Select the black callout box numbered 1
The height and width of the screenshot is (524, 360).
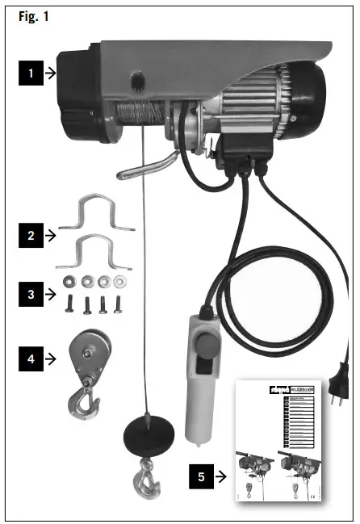pyautogui.click(x=30, y=73)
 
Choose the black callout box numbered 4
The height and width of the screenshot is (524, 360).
pyautogui.click(x=30, y=356)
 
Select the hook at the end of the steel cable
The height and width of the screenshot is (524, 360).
pyautogui.click(x=148, y=480)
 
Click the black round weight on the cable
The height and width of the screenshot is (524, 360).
pyautogui.click(x=149, y=438)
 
